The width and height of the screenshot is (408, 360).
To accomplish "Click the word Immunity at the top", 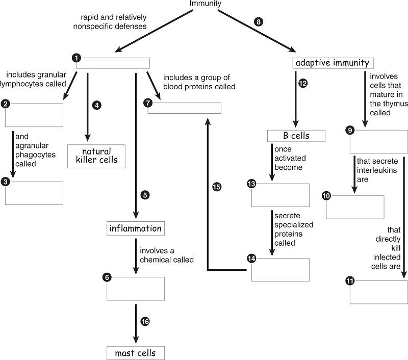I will pos(206,4).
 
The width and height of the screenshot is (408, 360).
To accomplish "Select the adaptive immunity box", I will pos(333,63).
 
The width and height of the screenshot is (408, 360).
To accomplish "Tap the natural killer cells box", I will pos(97,156).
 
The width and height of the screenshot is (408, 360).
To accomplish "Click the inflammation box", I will pos(136,228).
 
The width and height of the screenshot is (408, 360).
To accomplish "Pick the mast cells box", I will pos(136,353).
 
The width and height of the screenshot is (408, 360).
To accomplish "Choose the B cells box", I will pos(296,136).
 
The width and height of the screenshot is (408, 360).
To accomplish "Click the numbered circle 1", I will pos(76,58).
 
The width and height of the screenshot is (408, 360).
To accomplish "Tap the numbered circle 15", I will pos(216,187).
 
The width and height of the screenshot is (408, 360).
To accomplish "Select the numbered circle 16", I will pos(145,321).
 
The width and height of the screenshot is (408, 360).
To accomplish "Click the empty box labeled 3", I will pos(34,193).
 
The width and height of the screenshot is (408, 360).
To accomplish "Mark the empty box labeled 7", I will pos(185,108).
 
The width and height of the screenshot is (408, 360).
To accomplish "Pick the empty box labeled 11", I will pos(378,292).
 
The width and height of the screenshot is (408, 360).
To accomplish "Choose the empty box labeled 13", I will pos(280,195).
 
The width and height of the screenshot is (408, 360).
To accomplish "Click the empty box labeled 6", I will pos(136,289).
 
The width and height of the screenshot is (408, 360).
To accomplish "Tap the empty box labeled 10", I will pos(355,207).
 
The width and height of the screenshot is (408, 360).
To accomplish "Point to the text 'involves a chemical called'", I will pos(167,255).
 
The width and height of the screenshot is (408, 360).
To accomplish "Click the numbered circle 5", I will pos(145,195).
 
